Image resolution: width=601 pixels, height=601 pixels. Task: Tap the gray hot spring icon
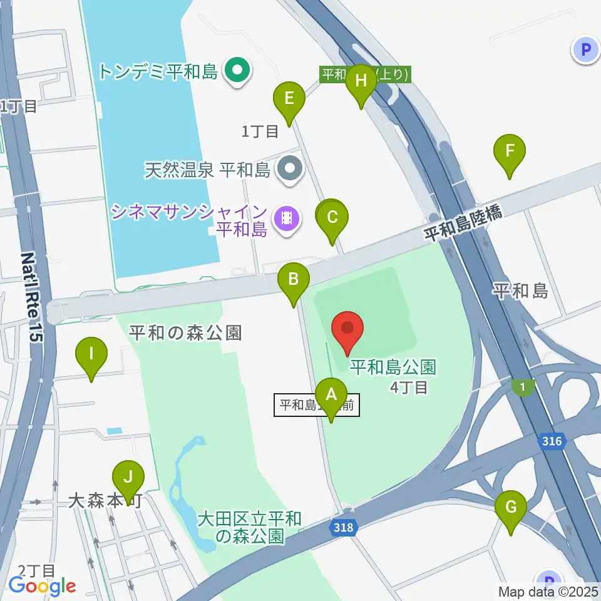(290, 168)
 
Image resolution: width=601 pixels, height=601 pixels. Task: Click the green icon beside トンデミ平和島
(238, 69)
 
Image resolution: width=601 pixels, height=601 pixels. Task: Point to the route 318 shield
(343, 527)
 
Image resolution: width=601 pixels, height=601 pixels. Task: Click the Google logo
(43, 586)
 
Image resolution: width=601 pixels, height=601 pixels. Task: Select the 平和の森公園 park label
(185, 332)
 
